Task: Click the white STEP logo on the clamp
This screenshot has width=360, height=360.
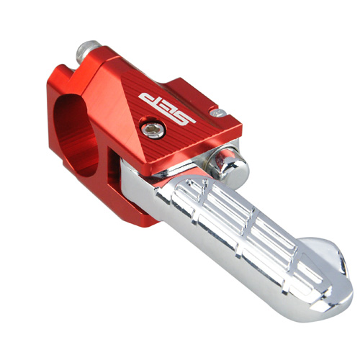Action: click(167, 108)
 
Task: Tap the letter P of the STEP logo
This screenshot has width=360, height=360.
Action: click(148, 99)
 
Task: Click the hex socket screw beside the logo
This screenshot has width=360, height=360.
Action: click(153, 130)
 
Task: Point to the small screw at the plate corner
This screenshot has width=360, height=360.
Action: click(218, 112)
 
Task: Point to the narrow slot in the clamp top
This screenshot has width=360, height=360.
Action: click(72, 70)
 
